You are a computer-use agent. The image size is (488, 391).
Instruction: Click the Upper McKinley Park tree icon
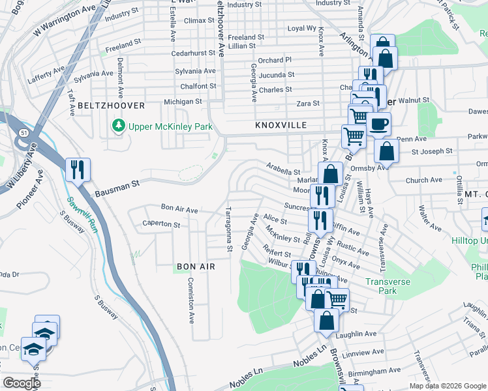[x=118, y=125]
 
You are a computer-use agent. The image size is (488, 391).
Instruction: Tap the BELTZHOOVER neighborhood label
[x=100, y=105]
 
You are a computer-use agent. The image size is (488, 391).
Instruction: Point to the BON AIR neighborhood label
[x=196, y=267]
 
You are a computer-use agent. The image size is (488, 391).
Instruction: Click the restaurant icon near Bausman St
[x=78, y=170]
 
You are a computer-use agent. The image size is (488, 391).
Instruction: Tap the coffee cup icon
[x=378, y=124]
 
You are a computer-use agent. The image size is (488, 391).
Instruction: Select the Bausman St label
[x=117, y=189]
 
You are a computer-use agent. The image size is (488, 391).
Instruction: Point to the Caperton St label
[x=161, y=224]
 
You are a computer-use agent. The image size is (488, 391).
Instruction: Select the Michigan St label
[x=183, y=102]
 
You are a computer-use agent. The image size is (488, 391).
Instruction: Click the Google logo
[x=22, y=383]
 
